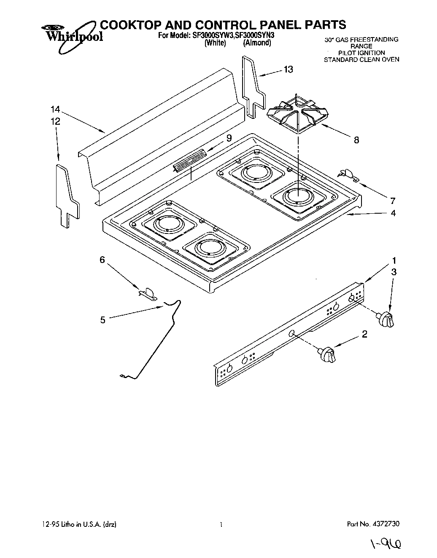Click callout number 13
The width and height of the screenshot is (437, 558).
(288, 70)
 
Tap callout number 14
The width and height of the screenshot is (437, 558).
(56, 110)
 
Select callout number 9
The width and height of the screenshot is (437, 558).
(229, 138)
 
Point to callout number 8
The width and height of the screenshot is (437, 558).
(356, 140)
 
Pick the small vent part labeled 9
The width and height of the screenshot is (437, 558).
(189, 161)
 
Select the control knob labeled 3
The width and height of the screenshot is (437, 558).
(386, 318)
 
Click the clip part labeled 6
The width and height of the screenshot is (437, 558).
(148, 293)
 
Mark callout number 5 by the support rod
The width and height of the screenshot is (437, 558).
(103, 320)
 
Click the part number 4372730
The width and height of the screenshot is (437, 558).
(386, 524)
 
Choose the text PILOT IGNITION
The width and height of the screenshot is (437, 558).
(361, 53)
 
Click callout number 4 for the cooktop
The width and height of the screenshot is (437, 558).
(393, 213)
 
